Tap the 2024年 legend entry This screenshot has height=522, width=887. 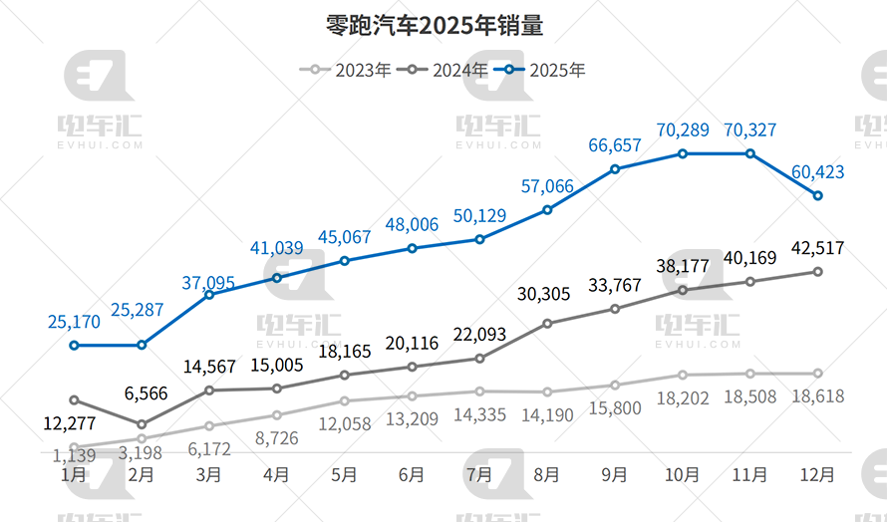point(443,70)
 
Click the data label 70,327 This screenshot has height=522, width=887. point(749,130)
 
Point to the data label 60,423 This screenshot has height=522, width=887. point(817,172)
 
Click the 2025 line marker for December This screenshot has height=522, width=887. point(817,195)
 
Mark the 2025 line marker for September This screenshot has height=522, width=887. point(615,169)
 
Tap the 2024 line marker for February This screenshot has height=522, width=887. point(142,424)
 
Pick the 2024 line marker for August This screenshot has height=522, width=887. point(547,323)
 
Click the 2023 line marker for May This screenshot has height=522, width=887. point(344,400)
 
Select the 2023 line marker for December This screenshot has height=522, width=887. point(817,374)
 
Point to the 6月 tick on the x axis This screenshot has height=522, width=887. point(411,475)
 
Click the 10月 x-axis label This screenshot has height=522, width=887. point(682,475)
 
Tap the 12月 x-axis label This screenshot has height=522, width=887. point(817,475)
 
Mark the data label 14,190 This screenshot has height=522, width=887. point(547,415)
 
